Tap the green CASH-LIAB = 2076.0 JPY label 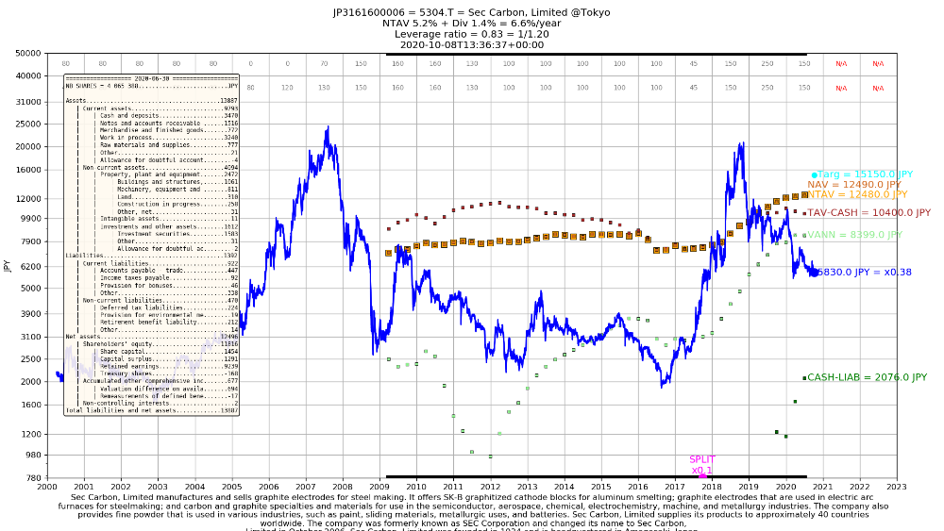coord(867,377)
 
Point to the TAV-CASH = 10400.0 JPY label coord(868,213)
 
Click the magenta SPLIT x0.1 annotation coord(702,465)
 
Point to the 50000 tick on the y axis coord(28,54)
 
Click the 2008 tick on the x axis coord(342,487)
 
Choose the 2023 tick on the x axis coord(896,487)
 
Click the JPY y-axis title coord(8,266)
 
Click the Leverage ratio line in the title coord(471,34)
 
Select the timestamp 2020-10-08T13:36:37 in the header coord(471,44)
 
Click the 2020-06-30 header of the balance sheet coord(151,78)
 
